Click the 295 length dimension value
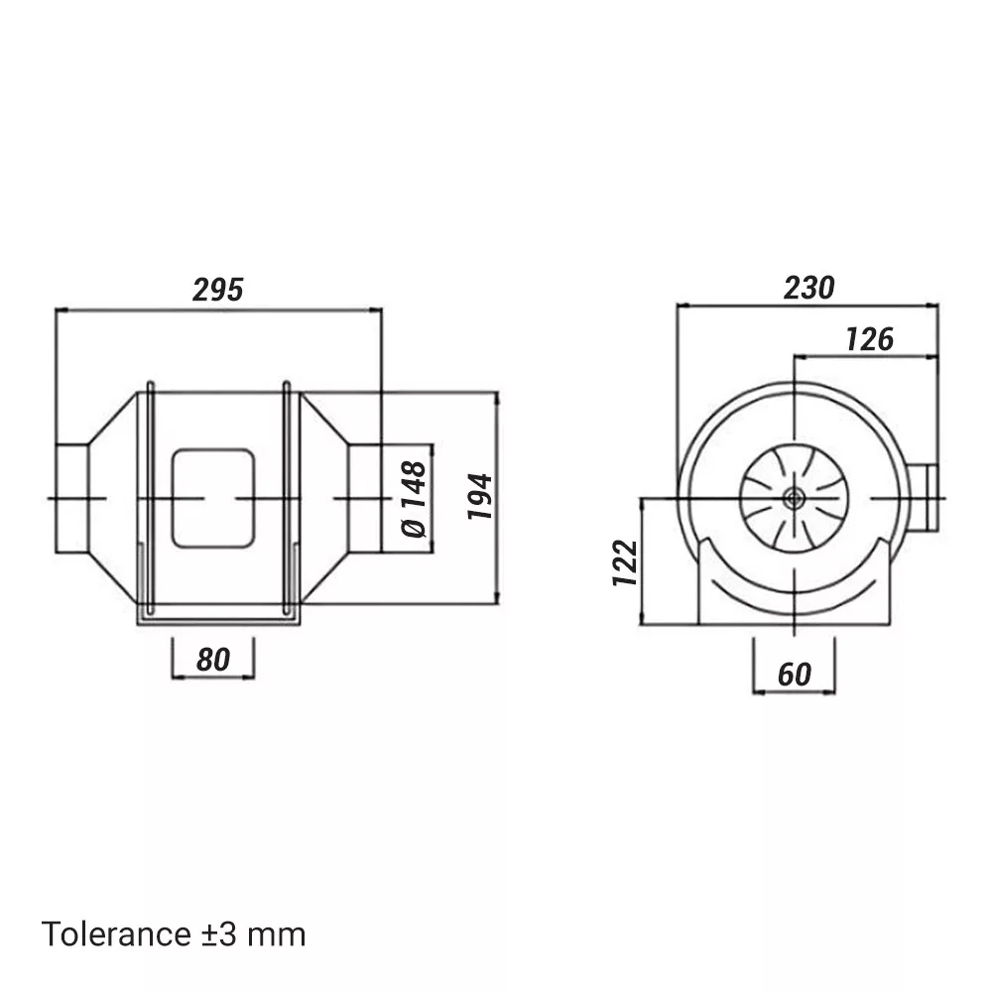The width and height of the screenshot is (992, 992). [217, 290]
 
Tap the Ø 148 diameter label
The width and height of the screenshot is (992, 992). [415, 499]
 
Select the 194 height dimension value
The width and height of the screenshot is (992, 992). [480, 497]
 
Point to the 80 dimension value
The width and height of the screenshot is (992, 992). [212, 660]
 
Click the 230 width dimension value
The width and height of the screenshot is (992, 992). [809, 288]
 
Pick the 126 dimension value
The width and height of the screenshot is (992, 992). [869, 339]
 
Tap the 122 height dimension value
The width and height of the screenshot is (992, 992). [625, 562]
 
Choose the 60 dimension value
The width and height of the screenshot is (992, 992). [794, 675]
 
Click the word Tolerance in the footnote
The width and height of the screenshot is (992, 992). [116, 934]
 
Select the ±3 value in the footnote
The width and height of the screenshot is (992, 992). [219, 934]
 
